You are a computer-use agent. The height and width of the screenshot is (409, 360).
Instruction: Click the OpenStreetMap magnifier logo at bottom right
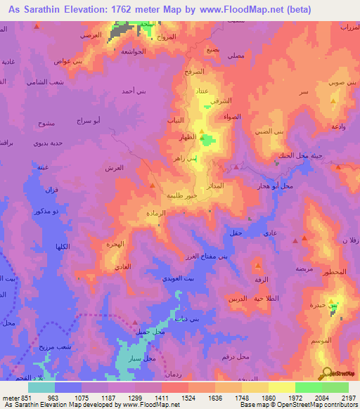pyautogui.click(x=327, y=373)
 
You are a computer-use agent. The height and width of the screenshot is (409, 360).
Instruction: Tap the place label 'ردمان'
pyautogui.click(x=173, y=373)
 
